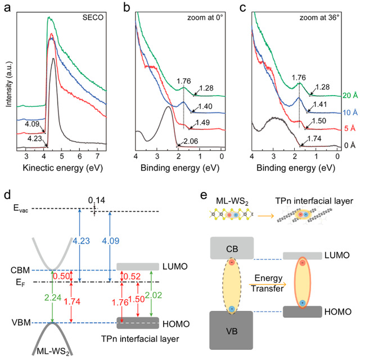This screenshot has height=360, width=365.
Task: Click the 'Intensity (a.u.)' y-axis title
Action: click(6, 84)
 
